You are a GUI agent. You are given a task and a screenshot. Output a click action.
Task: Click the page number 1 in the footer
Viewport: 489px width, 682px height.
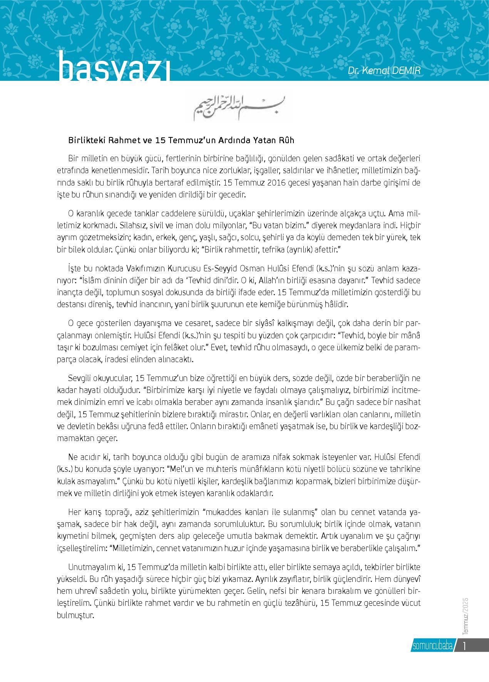(x=465, y=645)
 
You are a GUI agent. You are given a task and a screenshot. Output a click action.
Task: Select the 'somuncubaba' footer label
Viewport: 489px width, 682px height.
(x=432, y=646)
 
